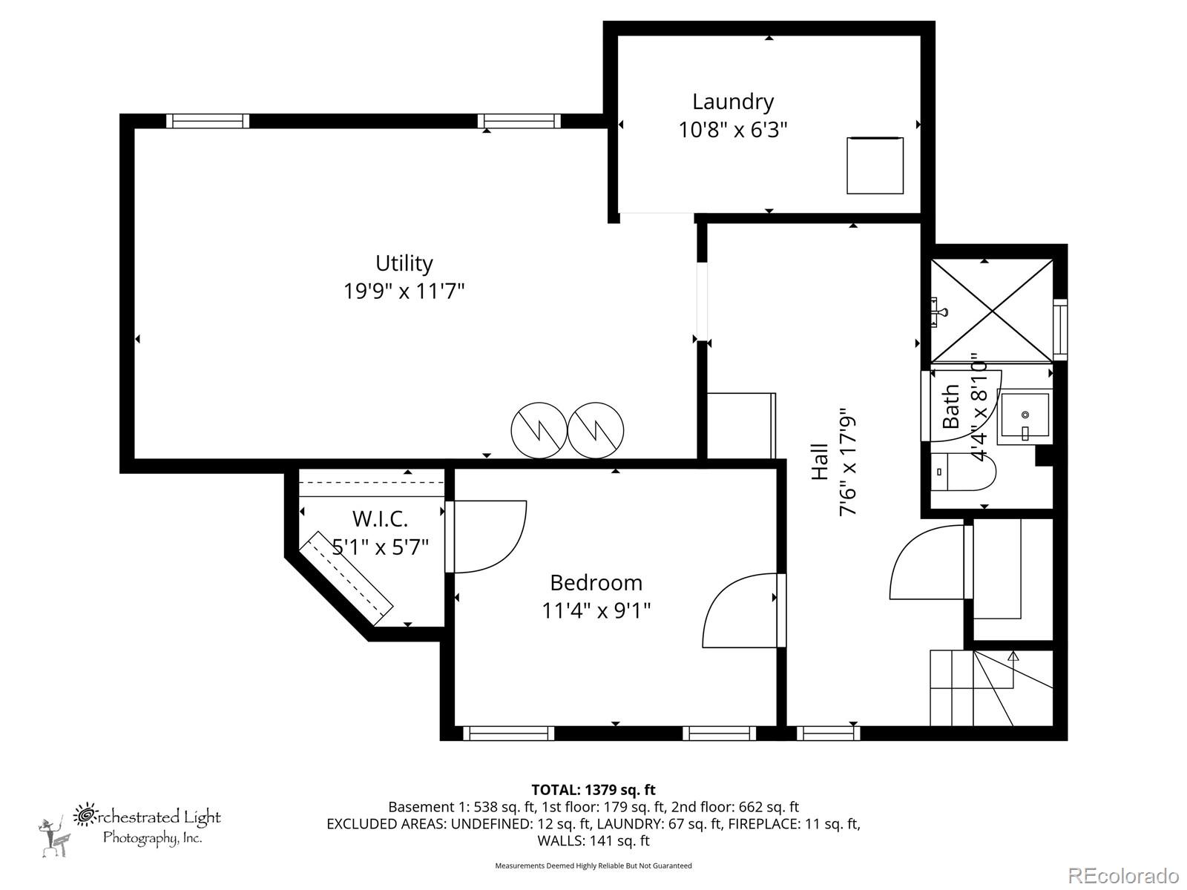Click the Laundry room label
(x=733, y=102)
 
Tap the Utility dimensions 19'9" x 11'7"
(x=404, y=291)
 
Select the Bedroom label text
(x=596, y=582)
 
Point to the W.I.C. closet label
(x=380, y=518)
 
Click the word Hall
(x=820, y=461)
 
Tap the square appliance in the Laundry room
(x=875, y=165)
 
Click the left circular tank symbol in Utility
(x=539, y=430)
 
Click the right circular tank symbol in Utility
(x=596, y=430)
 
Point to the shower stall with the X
(x=992, y=311)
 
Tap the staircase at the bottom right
(x=990, y=688)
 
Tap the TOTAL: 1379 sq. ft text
(x=593, y=790)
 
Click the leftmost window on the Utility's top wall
(x=207, y=121)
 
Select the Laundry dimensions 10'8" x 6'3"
(x=732, y=130)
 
